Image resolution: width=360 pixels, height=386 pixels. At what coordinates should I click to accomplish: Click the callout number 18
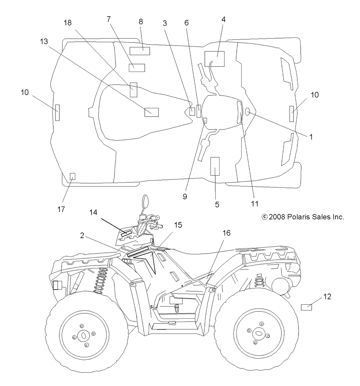(x=68, y=23)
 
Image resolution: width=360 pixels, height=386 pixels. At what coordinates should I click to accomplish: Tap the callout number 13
(x=44, y=41)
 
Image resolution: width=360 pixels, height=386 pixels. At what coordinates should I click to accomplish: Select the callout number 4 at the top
(x=224, y=19)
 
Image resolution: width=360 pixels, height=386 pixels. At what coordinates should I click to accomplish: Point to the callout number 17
(x=61, y=209)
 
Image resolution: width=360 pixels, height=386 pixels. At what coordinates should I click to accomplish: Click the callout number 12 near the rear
(x=327, y=296)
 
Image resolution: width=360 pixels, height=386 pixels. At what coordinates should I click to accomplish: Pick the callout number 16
(x=226, y=233)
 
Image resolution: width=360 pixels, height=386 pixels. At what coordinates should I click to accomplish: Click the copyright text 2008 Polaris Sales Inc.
(x=303, y=217)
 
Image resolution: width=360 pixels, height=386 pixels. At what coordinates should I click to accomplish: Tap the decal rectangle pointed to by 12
(x=306, y=307)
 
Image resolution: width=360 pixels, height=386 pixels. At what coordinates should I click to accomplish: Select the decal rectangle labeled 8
(x=140, y=51)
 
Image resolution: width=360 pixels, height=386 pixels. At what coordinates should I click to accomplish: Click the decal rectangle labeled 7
(x=137, y=68)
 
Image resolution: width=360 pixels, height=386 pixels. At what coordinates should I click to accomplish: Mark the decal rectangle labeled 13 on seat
(x=152, y=112)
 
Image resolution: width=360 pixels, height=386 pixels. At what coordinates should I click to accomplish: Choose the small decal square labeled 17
(x=72, y=176)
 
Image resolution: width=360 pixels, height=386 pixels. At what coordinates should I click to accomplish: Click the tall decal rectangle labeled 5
(x=215, y=166)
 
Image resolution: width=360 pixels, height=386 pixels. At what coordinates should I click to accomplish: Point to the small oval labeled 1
(x=247, y=112)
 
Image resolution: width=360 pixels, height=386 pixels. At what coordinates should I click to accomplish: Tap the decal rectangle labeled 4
(x=215, y=59)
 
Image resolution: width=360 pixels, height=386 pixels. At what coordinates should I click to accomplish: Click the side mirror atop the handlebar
(x=145, y=201)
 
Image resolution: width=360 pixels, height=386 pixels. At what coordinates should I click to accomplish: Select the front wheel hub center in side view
(x=84, y=335)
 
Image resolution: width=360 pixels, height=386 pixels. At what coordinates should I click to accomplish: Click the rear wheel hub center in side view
(x=258, y=333)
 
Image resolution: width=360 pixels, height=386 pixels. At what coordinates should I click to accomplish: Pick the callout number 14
(x=93, y=213)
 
